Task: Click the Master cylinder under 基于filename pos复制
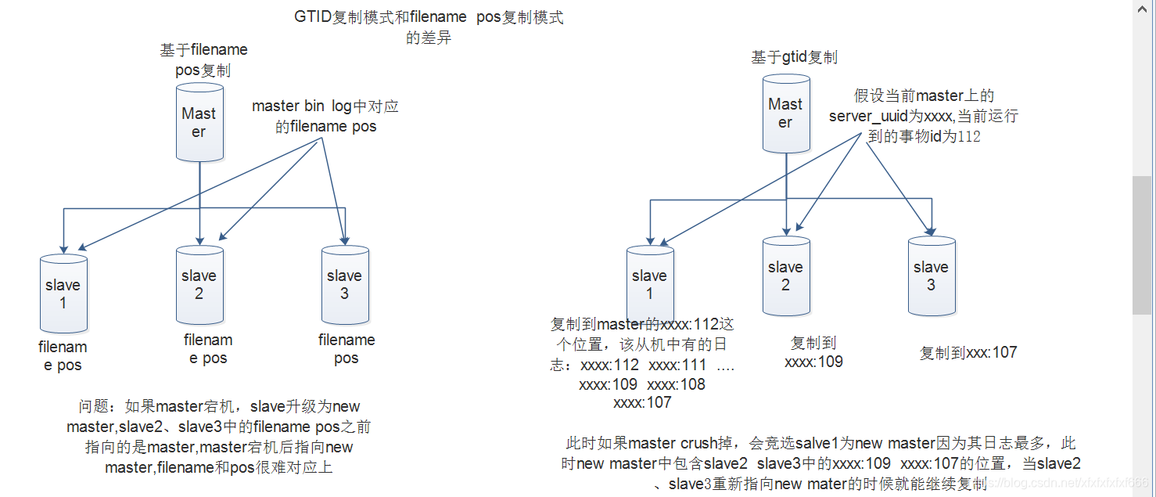point(199,123)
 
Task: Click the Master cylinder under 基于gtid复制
point(785,113)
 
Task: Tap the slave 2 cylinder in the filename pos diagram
point(199,285)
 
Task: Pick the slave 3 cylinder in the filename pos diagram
point(344,285)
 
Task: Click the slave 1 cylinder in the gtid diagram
point(649,285)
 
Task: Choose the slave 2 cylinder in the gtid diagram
point(785,276)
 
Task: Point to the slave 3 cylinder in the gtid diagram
point(931,276)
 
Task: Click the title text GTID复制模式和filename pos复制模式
point(429,18)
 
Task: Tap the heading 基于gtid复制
point(794,57)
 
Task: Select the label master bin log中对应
point(330,106)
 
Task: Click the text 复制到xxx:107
point(968,352)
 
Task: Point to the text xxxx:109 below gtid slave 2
point(813,362)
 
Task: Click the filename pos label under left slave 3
point(346,349)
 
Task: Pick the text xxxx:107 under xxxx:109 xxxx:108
point(642,403)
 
